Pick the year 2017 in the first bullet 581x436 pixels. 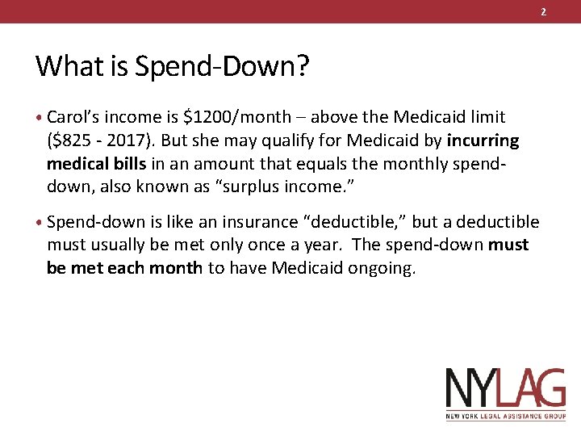(x=132, y=141)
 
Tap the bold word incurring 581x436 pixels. (x=482, y=141)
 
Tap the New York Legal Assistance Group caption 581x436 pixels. (x=505, y=417)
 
